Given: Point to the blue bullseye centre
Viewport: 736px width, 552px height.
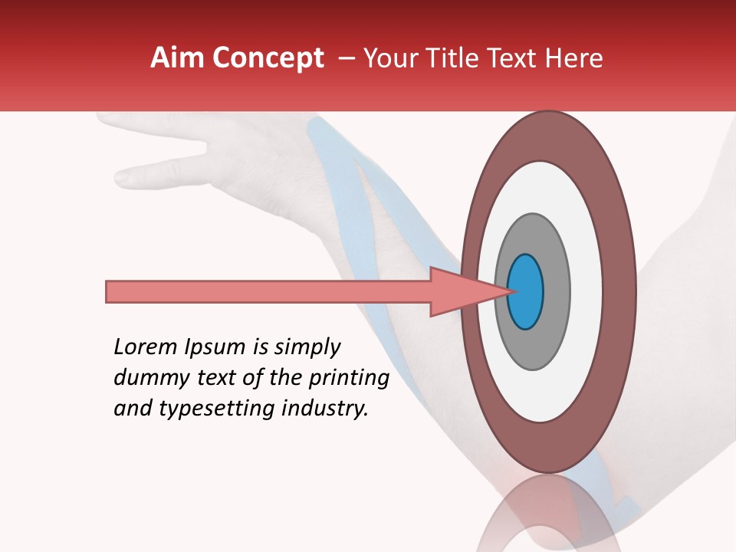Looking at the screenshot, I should pyautogui.click(x=526, y=292).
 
